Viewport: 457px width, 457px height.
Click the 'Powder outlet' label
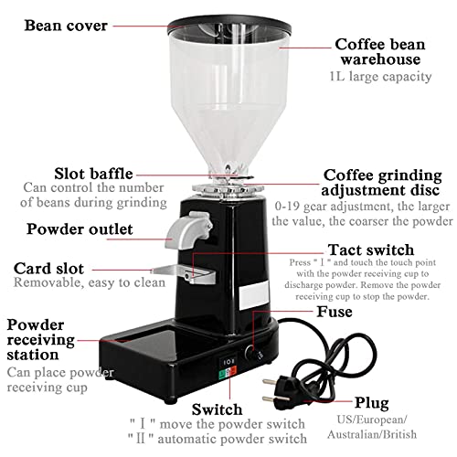point(79,228)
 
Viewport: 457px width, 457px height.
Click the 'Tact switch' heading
point(370,249)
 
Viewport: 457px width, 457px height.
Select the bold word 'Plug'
point(373,403)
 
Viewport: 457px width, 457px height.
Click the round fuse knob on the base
point(252,351)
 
